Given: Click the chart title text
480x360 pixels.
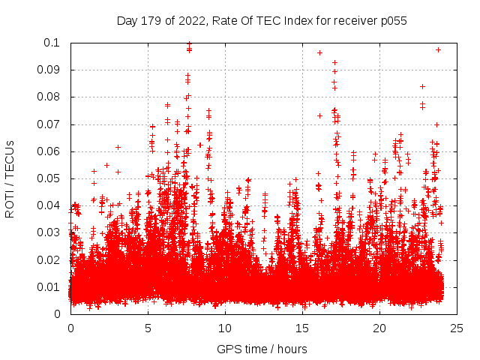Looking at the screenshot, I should point(262,21).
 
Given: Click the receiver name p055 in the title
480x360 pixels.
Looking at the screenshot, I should point(391,21).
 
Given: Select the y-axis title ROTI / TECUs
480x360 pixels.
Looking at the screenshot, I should point(10,178).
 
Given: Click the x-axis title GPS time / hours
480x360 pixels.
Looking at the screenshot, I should point(262,349).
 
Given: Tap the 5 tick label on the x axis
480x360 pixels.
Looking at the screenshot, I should point(148,328).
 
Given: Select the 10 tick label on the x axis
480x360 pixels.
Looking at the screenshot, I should point(225,328).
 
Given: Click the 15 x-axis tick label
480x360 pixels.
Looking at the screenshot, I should point(302,328).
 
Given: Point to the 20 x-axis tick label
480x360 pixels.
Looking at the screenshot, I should point(379,328).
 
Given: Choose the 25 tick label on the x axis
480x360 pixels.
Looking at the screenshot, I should point(457,328).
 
